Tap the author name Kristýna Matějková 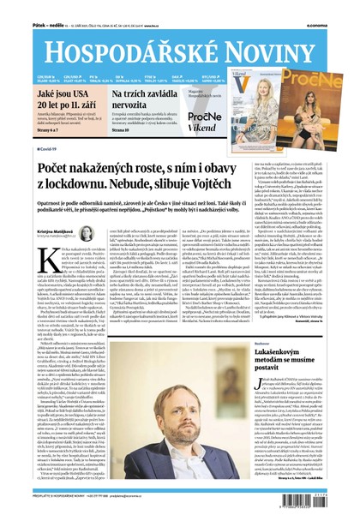tap(53, 231)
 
